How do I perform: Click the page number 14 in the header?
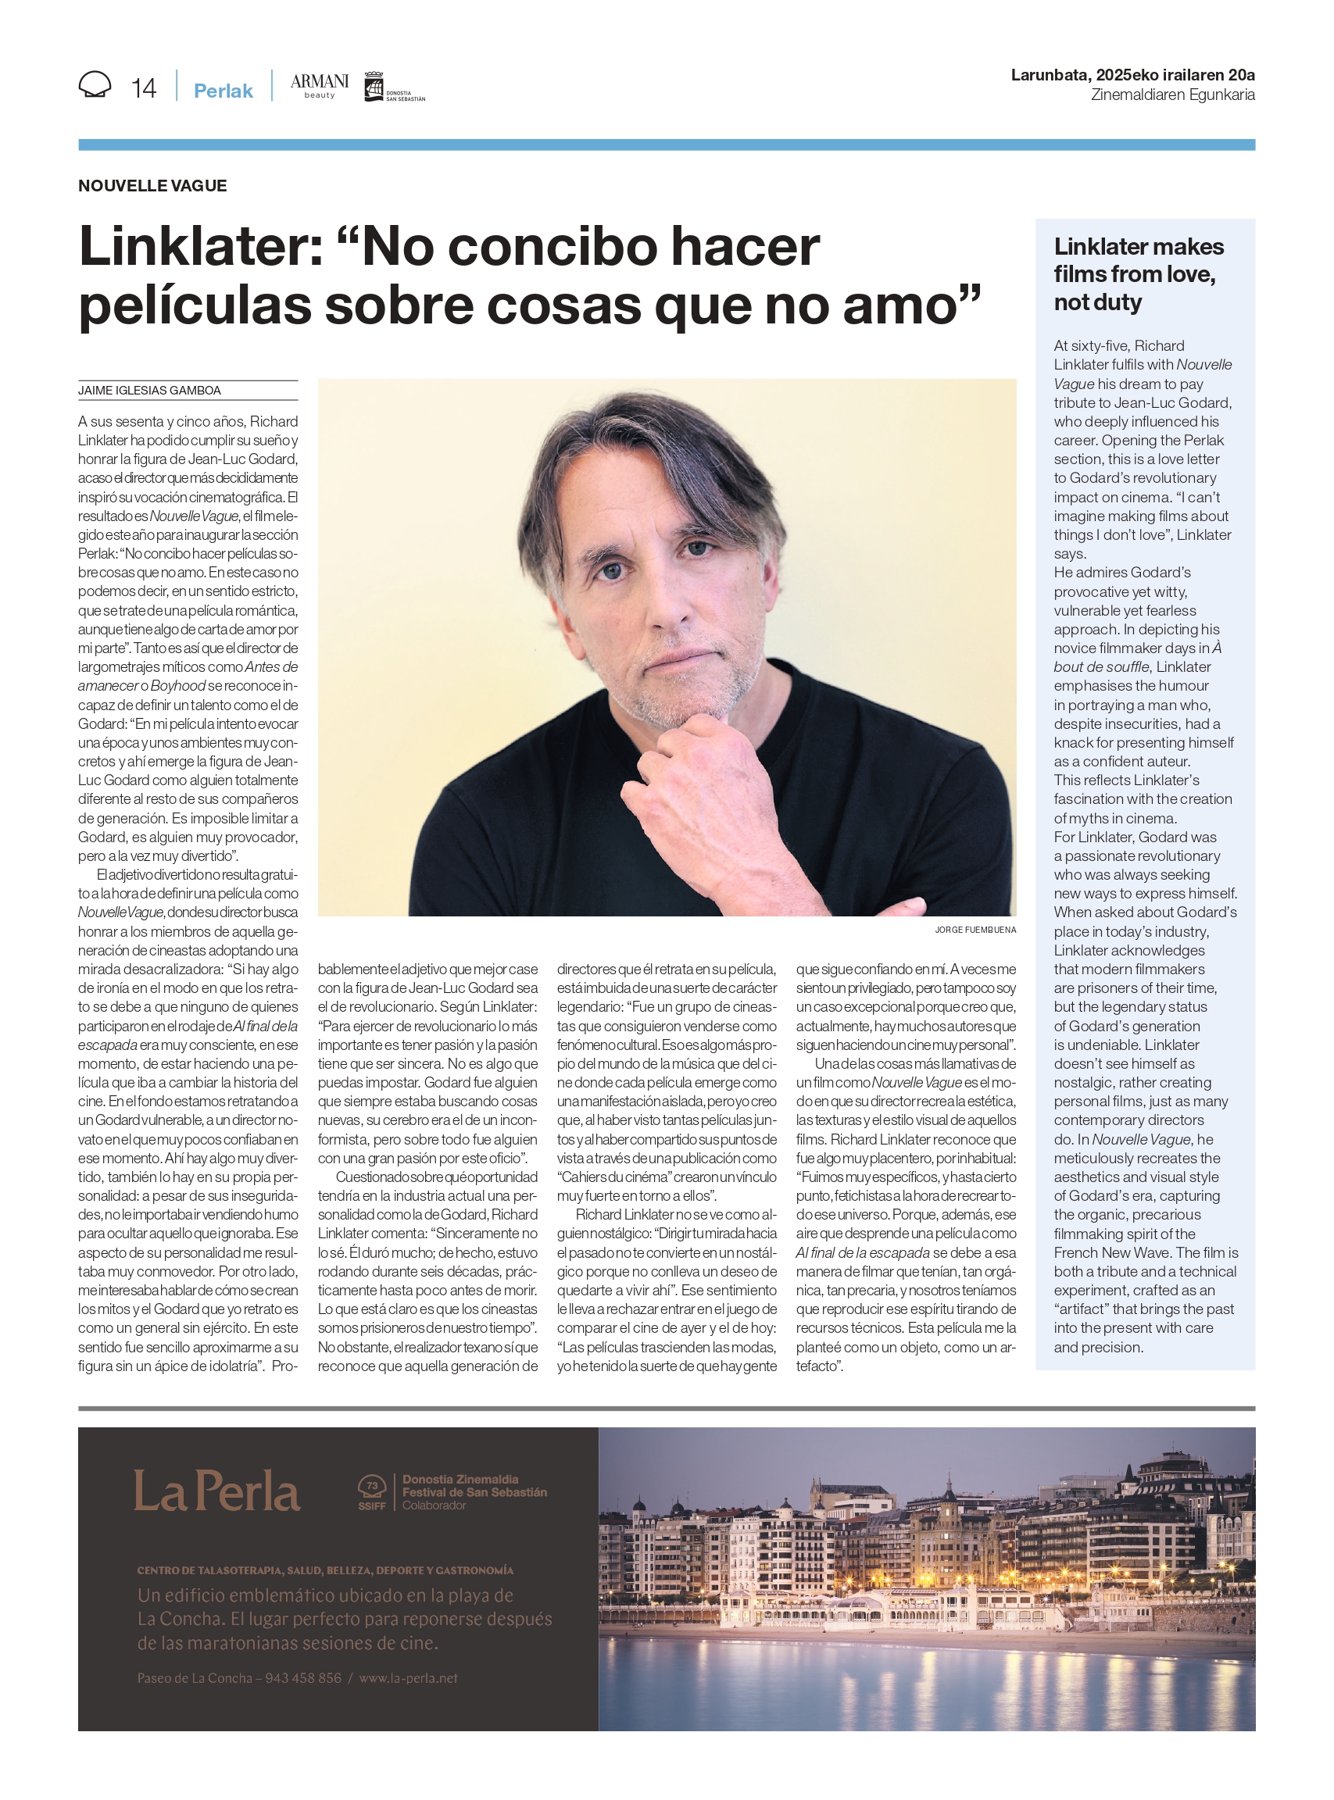coord(144,88)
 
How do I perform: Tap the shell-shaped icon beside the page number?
coord(95,84)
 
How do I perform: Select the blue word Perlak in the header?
coord(223,91)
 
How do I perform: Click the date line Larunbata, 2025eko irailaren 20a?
coord(1132,75)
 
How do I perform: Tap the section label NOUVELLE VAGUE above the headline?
coord(152,186)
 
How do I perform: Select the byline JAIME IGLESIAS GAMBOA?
coord(149,391)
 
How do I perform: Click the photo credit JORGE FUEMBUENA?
coord(975,930)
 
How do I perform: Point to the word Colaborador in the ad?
coord(435,1505)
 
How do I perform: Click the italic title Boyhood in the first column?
coord(177,686)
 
